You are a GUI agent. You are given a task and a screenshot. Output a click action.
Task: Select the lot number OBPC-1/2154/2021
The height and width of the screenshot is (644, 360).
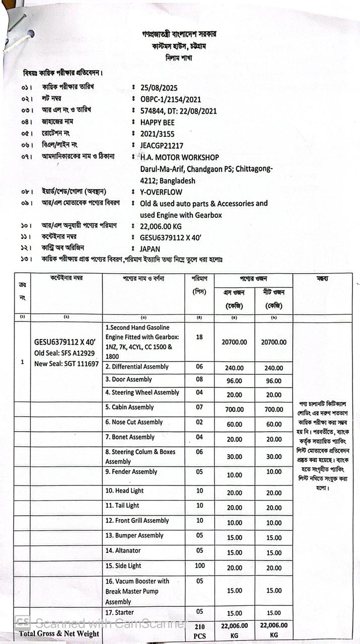pyautogui.click(x=171, y=99)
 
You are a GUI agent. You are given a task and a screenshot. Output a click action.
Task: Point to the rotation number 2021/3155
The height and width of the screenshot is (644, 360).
pyautogui.click(x=158, y=134)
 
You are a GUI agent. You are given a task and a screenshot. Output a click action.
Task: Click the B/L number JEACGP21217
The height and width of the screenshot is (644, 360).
pyautogui.click(x=162, y=145)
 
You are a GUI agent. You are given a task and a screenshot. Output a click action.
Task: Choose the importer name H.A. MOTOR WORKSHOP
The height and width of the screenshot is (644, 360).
pyautogui.click(x=180, y=157)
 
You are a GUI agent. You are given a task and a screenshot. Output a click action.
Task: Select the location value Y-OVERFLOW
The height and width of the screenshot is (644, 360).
pyautogui.click(x=161, y=192)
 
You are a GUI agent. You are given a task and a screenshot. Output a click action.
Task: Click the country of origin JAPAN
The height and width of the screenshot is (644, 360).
pyautogui.click(x=150, y=249)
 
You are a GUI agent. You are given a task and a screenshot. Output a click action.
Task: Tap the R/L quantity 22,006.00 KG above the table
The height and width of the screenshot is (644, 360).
pyautogui.click(x=161, y=226)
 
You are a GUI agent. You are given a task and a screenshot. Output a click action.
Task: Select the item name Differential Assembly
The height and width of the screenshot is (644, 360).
pyautogui.click(x=137, y=367)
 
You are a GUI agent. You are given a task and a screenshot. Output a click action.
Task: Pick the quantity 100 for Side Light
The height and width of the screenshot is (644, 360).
pyautogui.click(x=200, y=566)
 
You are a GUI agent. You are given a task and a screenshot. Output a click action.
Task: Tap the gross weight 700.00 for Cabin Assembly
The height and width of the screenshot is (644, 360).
pyautogui.click(x=234, y=410)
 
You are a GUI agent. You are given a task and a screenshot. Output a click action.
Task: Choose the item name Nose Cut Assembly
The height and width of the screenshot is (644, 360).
pyautogui.click(x=134, y=422)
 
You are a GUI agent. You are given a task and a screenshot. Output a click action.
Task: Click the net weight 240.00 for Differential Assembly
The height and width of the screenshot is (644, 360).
pyautogui.click(x=274, y=368)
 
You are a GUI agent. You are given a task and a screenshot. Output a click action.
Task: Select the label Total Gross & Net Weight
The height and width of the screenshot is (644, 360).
pyautogui.click(x=59, y=633)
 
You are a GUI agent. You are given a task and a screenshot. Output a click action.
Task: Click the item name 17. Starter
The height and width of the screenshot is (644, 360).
pyautogui.click(x=120, y=612)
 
